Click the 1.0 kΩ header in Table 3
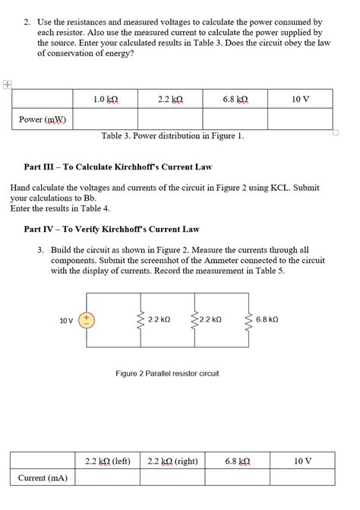[x=105, y=100]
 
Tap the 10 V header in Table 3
[x=301, y=100]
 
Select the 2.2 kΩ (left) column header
[x=108, y=461]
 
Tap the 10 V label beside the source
[x=66, y=321]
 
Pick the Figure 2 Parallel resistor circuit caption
[x=167, y=373]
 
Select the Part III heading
[x=118, y=166]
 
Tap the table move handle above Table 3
[x=6, y=85]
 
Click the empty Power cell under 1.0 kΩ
[x=105, y=119]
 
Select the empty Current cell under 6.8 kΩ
[x=235, y=477]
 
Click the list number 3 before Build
[x=40, y=249]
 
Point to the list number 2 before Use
[x=27, y=24]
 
